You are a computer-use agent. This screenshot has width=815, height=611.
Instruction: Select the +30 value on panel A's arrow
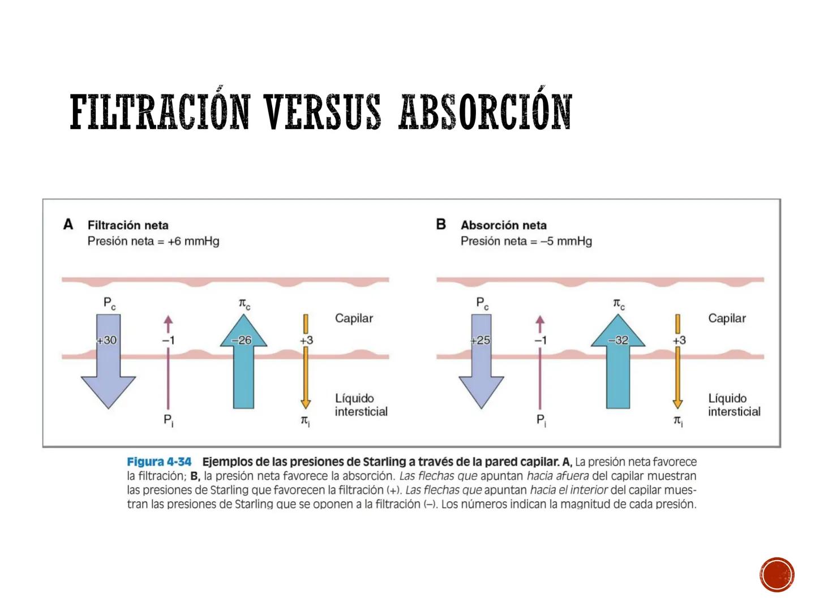pos(107,341)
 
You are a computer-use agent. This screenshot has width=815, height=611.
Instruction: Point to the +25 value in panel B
pos(480,341)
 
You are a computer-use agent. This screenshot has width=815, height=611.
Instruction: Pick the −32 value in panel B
pos(617,341)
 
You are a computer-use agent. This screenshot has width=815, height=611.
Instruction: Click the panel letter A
pos(68,225)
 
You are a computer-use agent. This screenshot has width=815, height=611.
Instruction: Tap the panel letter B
pos(441,225)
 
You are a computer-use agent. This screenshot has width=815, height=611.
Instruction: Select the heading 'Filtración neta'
pos(128,225)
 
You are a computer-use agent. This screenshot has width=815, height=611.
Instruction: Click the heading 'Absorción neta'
pos(504,225)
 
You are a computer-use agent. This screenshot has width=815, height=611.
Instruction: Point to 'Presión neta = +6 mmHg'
pos(153,242)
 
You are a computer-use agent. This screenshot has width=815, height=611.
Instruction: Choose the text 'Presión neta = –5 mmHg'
pos(526,242)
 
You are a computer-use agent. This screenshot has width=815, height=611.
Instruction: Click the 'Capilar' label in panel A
pos(354,319)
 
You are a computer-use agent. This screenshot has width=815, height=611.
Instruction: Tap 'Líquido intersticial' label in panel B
pos(734,405)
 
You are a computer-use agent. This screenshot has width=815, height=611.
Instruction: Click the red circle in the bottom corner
pos(777,574)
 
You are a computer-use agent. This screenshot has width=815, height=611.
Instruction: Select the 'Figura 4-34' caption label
pos(159,462)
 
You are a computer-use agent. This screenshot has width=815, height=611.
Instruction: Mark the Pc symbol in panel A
pos(110,304)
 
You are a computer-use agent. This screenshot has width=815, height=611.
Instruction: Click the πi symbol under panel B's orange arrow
pos(678,421)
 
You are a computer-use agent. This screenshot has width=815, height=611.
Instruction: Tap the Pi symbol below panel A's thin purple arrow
pos(168,420)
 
